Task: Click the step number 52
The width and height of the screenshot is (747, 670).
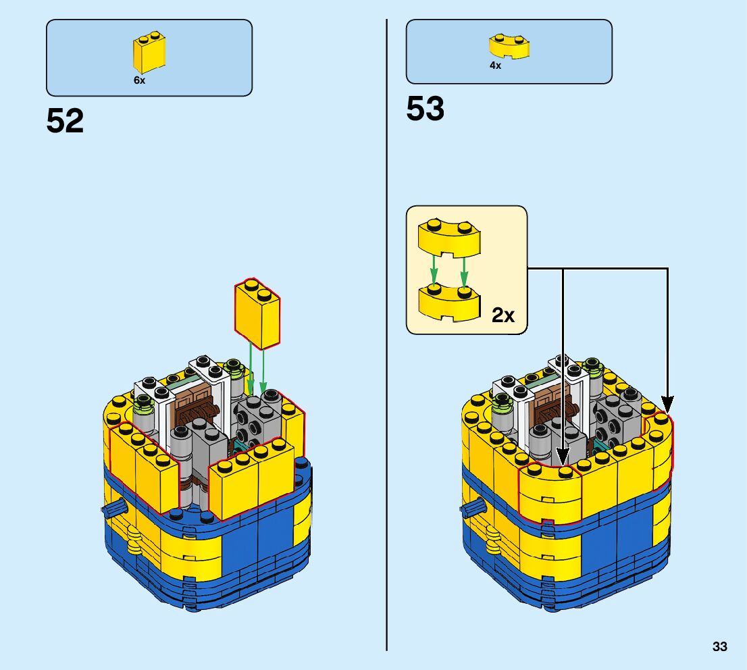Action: point(65,122)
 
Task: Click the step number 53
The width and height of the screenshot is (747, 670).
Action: point(425,109)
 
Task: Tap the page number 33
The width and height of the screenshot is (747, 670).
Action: point(719,646)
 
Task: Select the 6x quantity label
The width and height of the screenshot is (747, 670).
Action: point(139,80)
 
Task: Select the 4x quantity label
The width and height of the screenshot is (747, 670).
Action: point(495,66)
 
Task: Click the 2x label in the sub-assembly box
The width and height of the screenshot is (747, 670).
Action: point(503,315)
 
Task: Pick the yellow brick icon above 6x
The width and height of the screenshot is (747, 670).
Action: point(150,53)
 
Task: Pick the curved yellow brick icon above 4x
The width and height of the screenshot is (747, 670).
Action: point(508,46)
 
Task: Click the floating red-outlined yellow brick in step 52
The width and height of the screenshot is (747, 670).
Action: point(257,313)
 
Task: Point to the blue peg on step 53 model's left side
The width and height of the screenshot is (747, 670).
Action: point(472,507)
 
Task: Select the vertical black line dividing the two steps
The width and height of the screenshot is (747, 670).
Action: point(386,338)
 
